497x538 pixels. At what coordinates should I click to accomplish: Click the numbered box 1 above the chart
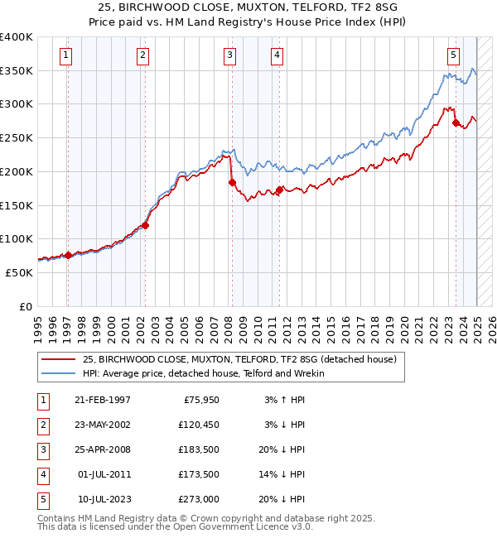tap(65, 55)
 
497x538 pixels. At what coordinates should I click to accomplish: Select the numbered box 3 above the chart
tap(229, 55)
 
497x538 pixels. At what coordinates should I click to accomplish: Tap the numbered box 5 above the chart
tap(454, 55)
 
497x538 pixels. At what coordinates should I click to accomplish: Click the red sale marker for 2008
tap(233, 182)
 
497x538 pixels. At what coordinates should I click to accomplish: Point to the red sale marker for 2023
tap(456, 122)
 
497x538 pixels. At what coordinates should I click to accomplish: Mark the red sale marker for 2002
tap(145, 225)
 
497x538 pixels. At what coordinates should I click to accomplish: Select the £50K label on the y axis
tap(19, 272)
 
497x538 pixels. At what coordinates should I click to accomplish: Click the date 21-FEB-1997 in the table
tap(103, 400)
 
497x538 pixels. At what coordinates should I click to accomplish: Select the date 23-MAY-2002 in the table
tap(103, 425)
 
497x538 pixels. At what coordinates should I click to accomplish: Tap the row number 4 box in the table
tap(41, 474)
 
